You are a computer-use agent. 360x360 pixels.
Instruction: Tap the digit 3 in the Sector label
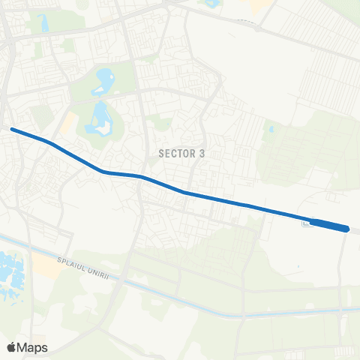[x=202, y=152]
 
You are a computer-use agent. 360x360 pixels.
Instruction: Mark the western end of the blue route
[x=12, y=129]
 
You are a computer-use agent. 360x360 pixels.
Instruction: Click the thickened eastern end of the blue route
[x=330, y=225]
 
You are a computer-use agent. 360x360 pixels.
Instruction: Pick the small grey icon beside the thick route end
[x=305, y=222]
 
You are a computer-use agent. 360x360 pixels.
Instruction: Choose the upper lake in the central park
[x=104, y=78]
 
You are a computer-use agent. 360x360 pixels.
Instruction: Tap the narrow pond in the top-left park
[x=44, y=23]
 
